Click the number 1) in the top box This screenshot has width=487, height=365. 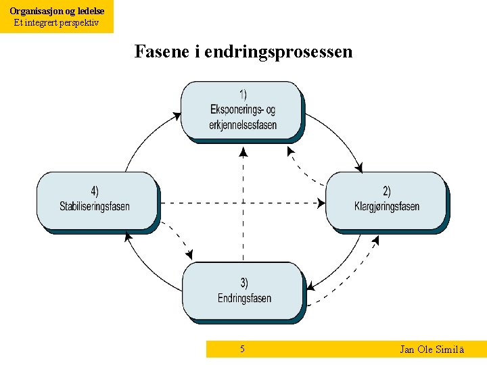tap(243, 95)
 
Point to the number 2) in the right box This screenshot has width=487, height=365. tap(386, 192)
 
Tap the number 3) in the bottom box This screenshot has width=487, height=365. tap(243, 283)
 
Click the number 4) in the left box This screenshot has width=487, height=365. tap(95, 191)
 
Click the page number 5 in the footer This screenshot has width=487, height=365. tap(242, 349)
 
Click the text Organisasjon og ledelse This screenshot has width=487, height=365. tap(57, 11)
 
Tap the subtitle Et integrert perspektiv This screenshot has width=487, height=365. tap(57, 22)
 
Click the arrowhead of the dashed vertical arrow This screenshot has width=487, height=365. tap(243, 152)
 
